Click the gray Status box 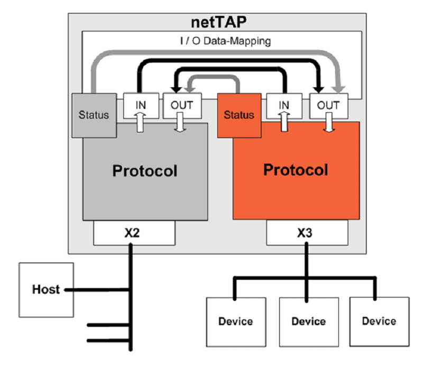pyautogui.click(x=94, y=114)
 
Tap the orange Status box pyautogui.click(x=238, y=114)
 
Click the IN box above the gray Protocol pyautogui.click(x=140, y=105)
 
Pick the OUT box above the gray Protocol pyautogui.click(x=181, y=105)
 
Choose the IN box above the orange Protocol pyautogui.click(x=284, y=105)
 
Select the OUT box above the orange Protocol pyautogui.click(x=328, y=105)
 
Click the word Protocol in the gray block pyautogui.click(x=144, y=171)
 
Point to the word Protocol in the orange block pyautogui.click(x=296, y=170)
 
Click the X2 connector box pyautogui.click(x=134, y=233)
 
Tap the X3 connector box pyautogui.click(x=306, y=233)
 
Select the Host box pyautogui.click(x=47, y=290)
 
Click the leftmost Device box pyautogui.click(x=236, y=321)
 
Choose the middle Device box pyautogui.click(x=308, y=321)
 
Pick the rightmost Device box pyautogui.click(x=379, y=320)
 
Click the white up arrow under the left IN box pyautogui.click(x=140, y=125)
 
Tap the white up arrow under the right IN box pyautogui.click(x=284, y=125)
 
